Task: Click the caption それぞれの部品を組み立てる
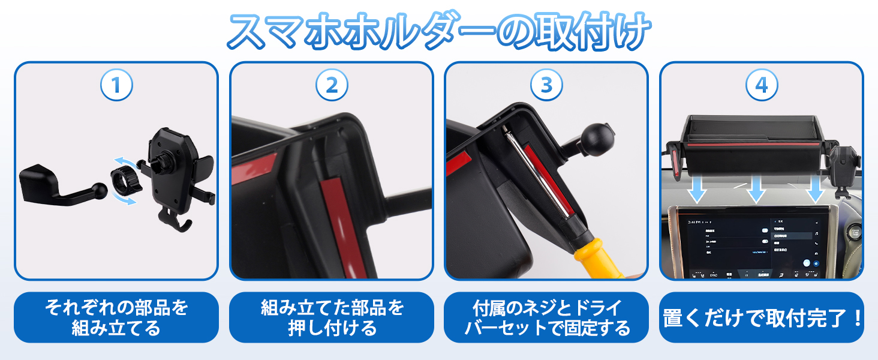116,317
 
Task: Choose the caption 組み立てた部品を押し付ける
332,317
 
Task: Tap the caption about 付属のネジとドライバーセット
546,317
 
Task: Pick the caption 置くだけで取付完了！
762,317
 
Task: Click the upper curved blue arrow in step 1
128,161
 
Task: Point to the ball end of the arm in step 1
100,190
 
